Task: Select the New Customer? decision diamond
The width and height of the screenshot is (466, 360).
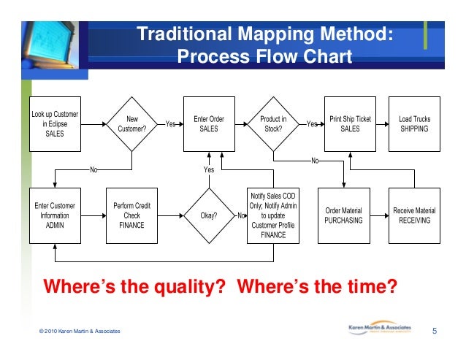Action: pos(132,124)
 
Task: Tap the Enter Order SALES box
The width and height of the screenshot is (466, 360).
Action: pos(209,124)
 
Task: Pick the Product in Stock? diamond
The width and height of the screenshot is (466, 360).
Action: pos(273,124)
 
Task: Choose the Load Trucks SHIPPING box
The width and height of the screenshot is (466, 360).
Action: pos(414,124)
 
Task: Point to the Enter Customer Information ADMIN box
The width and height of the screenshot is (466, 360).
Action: pos(55,215)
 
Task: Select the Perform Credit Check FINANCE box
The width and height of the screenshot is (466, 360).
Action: pos(132,215)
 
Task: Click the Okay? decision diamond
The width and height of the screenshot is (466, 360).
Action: pos(209,215)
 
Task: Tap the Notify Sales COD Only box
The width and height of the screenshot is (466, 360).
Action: pos(272,215)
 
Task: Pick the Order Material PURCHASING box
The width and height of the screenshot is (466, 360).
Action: pos(343,215)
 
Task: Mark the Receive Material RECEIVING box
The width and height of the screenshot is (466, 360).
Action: pos(414,215)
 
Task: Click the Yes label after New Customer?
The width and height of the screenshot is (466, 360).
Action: pos(171,125)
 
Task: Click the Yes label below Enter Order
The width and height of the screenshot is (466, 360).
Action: pos(209,169)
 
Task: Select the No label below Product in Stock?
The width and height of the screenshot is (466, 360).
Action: pos(315,161)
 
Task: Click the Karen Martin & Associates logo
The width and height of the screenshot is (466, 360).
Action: pos(379,329)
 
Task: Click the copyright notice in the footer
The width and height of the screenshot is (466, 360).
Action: pos(80,332)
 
